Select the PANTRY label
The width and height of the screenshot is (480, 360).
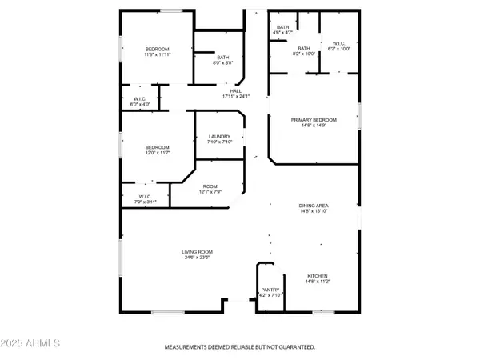269,290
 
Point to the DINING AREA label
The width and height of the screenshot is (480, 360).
314,206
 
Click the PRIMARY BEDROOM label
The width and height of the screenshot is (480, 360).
314,119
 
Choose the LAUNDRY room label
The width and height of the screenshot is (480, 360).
219,137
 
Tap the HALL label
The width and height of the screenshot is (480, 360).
236,90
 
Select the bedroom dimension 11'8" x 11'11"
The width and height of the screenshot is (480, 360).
158,54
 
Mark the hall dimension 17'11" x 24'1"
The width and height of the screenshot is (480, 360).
236,96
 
